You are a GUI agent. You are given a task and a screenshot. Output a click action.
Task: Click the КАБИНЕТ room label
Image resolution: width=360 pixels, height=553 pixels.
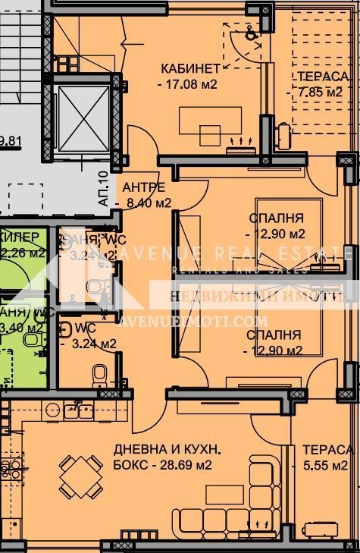(189, 68)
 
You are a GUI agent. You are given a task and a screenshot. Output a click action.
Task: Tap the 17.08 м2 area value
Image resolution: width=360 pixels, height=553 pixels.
(189, 84)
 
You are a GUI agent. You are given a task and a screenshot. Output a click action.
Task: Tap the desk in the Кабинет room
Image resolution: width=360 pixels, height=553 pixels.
(210, 121)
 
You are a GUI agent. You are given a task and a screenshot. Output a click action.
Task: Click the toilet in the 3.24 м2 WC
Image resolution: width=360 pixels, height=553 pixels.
(99, 375)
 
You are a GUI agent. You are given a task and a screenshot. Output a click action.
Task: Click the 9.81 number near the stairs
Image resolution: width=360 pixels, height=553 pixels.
(11, 139)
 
